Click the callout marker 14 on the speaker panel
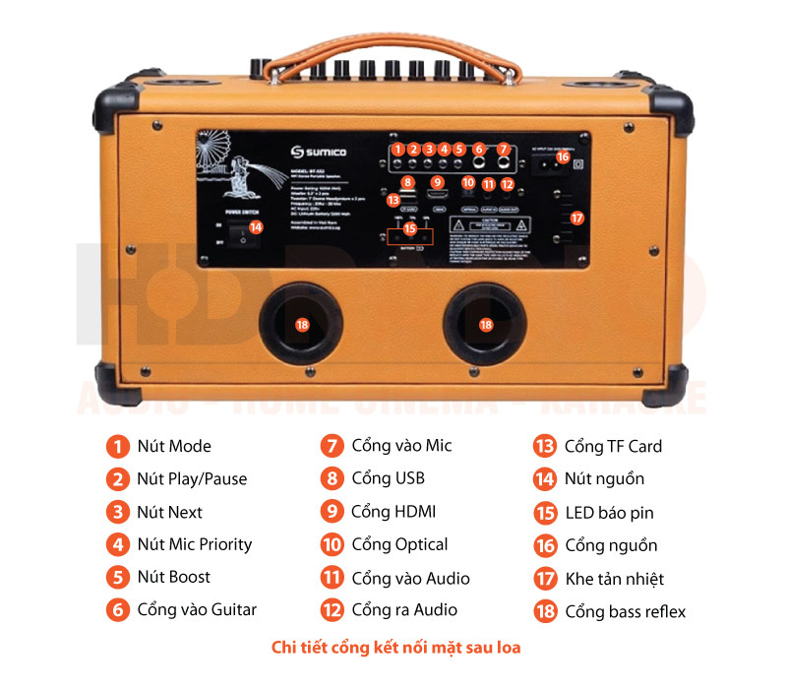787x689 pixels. pos(256,226)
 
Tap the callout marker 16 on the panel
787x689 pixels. pos(563,157)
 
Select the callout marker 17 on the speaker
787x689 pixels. pos(577,218)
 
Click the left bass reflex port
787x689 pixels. pos(302,324)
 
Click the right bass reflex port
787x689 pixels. pos(485,324)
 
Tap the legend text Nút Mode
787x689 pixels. pos(174,446)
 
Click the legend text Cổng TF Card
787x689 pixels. pos(613,446)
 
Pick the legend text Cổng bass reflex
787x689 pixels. pos(626,611)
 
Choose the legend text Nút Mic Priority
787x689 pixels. pos(195,544)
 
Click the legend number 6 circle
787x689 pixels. pos(118,610)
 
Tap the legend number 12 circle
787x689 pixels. pos(333,610)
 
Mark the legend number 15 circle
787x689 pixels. pos(546,512)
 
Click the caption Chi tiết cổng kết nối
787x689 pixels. pos(395,648)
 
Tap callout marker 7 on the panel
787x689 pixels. pos(503,150)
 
